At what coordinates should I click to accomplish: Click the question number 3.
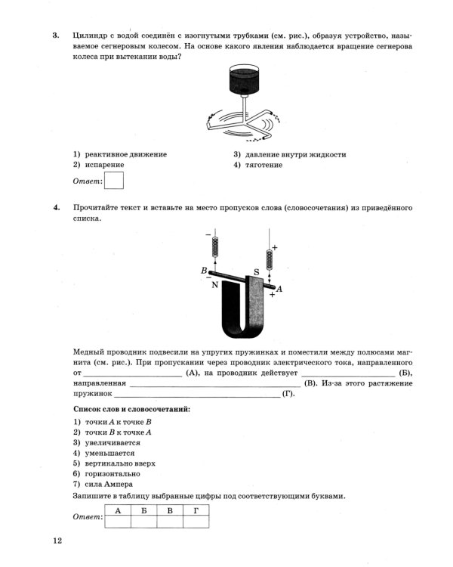pyautogui.click(x=55, y=36)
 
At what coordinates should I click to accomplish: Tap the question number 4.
pyautogui.click(x=55, y=207)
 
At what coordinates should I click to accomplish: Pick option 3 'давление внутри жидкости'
pyautogui.click(x=290, y=154)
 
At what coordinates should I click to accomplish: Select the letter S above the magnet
pyautogui.click(x=256, y=271)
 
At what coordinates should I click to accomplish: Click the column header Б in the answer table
pyautogui.click(x=143, y=511)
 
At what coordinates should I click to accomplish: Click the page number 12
pyautogui.click(x=57, y=541)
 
